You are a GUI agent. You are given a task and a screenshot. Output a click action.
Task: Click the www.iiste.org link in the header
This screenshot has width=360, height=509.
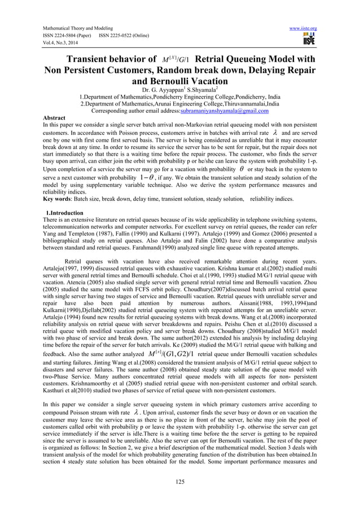302,28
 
